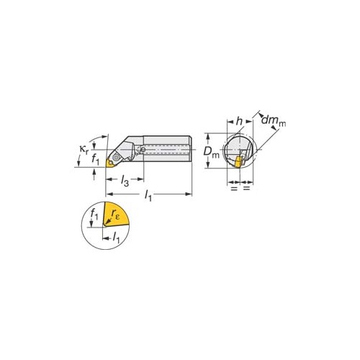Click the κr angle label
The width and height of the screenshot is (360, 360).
tap(84, 149)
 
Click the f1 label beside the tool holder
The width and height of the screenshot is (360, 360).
tap(95, 159)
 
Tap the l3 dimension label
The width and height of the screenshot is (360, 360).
tap(125, 180)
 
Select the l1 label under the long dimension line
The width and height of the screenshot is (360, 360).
tap(148, 196)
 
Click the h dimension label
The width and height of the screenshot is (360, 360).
tap(239, 122)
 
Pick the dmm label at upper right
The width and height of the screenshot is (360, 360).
tap(274, 120)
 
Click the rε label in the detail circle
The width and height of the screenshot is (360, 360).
tap(115, 214)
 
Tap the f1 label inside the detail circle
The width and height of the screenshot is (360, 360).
tap(94, 214)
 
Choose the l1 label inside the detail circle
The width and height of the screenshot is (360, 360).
tap(116, 237)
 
